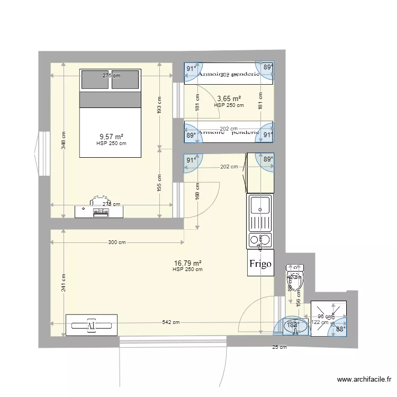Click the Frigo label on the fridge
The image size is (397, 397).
(261, 264)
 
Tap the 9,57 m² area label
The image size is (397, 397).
(111, 137)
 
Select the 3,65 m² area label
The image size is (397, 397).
(229, 98)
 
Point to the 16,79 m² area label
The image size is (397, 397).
(188, 263)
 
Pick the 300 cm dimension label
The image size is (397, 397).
(116, 242)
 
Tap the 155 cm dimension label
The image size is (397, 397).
(159, 183)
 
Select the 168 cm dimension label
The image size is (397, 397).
(197, 192)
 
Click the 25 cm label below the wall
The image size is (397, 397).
(279, 347)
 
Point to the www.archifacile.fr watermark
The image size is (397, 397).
(366, 380)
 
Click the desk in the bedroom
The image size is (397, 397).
(99, 211)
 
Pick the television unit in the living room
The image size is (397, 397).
(91, 324)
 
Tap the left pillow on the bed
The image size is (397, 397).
(95, 79)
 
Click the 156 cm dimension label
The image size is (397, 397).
(299, 302)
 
